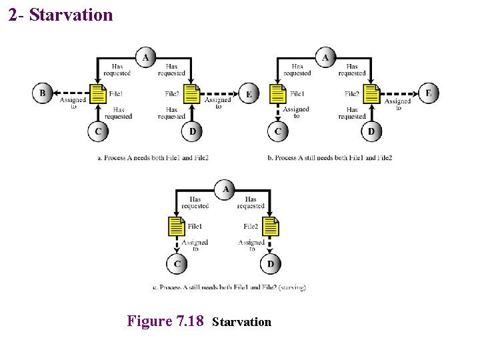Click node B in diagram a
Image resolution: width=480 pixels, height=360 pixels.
point(42,93)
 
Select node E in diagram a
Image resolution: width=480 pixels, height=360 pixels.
point(249,94)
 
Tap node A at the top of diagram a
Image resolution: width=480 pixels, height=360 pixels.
point(145,57)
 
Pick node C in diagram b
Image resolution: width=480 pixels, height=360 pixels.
point(277,131)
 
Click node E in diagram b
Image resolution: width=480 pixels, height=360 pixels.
point(428,93)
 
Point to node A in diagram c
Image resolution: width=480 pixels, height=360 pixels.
point(225,190)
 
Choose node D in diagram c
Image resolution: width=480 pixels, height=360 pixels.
point(270,265)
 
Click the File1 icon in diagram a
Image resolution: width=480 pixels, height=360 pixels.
point(98,94)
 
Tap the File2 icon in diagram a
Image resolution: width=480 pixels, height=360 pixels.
point(192,94)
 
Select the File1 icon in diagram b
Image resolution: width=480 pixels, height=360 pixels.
point(277,94)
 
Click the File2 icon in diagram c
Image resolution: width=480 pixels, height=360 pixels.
point(270,227)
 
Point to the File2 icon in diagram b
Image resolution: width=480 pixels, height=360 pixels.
point(371,94)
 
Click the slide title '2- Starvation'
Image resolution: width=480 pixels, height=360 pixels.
point(61,15)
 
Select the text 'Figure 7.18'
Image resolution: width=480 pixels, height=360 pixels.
point(165,321)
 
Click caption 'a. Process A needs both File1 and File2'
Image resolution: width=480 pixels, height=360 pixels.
point(153,158)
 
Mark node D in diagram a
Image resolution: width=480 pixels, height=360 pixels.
point(192,131)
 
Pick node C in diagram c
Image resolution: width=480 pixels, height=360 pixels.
point(177,265)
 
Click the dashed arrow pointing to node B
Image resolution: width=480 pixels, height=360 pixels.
point(70,93)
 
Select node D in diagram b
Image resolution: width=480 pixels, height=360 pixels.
point(371,131)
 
